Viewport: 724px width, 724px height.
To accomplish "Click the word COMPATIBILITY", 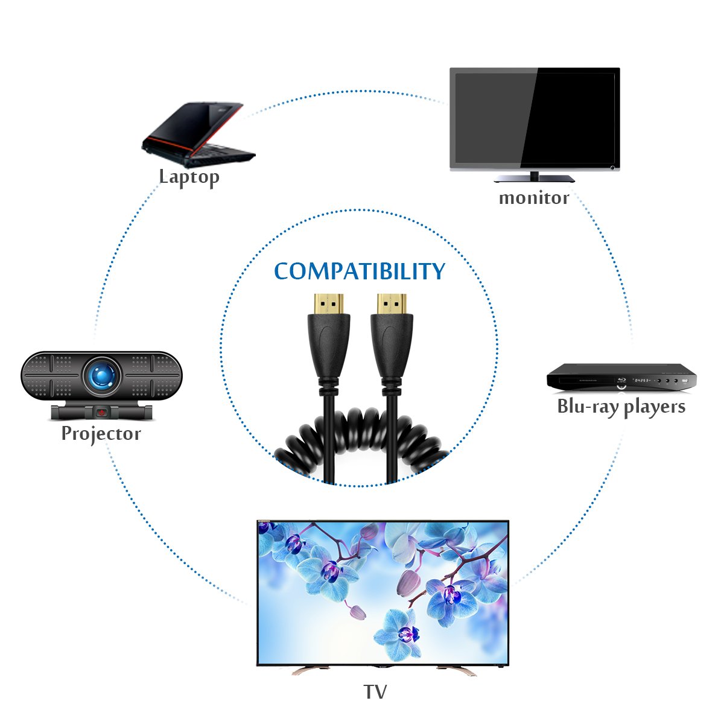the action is (x=360, y=270).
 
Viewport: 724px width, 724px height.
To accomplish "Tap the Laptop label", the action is (x=189, y=177).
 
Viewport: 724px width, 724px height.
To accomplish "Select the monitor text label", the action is (x=534, y=198).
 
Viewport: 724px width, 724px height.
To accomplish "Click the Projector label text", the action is (x=101, y=434).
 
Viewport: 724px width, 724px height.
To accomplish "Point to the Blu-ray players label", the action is (x=621, y=407).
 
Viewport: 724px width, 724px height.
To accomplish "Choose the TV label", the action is (x=375, y=691).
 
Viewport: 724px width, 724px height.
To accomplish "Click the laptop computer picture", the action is (x=198, y=135).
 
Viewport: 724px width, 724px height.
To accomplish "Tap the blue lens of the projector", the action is (x=101, y=375).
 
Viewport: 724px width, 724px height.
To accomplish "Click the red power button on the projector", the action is (x=101, y=413).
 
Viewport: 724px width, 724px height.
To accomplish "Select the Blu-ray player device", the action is (x=621, y=378).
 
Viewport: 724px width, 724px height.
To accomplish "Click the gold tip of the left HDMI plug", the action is (x=329, y=305).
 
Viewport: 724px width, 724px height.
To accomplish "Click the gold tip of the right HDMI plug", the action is (x=392, y=305).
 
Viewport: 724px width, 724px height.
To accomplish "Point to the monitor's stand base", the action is (x=534, y=179).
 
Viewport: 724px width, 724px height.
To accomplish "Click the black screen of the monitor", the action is (x=535, y=118).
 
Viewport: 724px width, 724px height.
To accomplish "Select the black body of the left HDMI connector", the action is (x=329, y=347).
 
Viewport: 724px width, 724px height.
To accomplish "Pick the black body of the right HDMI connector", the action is (x=392, y=347).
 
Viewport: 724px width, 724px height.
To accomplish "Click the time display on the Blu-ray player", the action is (x=642, y=380).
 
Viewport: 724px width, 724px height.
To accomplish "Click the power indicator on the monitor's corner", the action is (x=612, y=168).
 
